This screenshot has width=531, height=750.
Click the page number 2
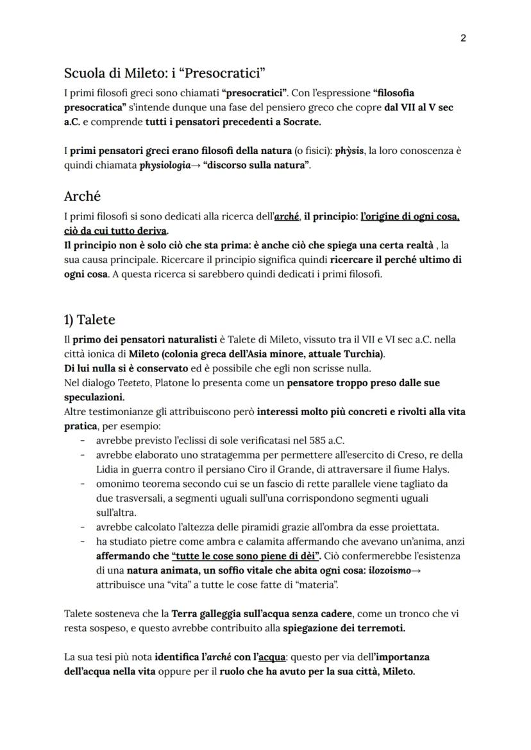tap(463, 38)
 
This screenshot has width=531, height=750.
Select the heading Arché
tap(83, 196)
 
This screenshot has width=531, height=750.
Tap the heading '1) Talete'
tap(89, 320)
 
